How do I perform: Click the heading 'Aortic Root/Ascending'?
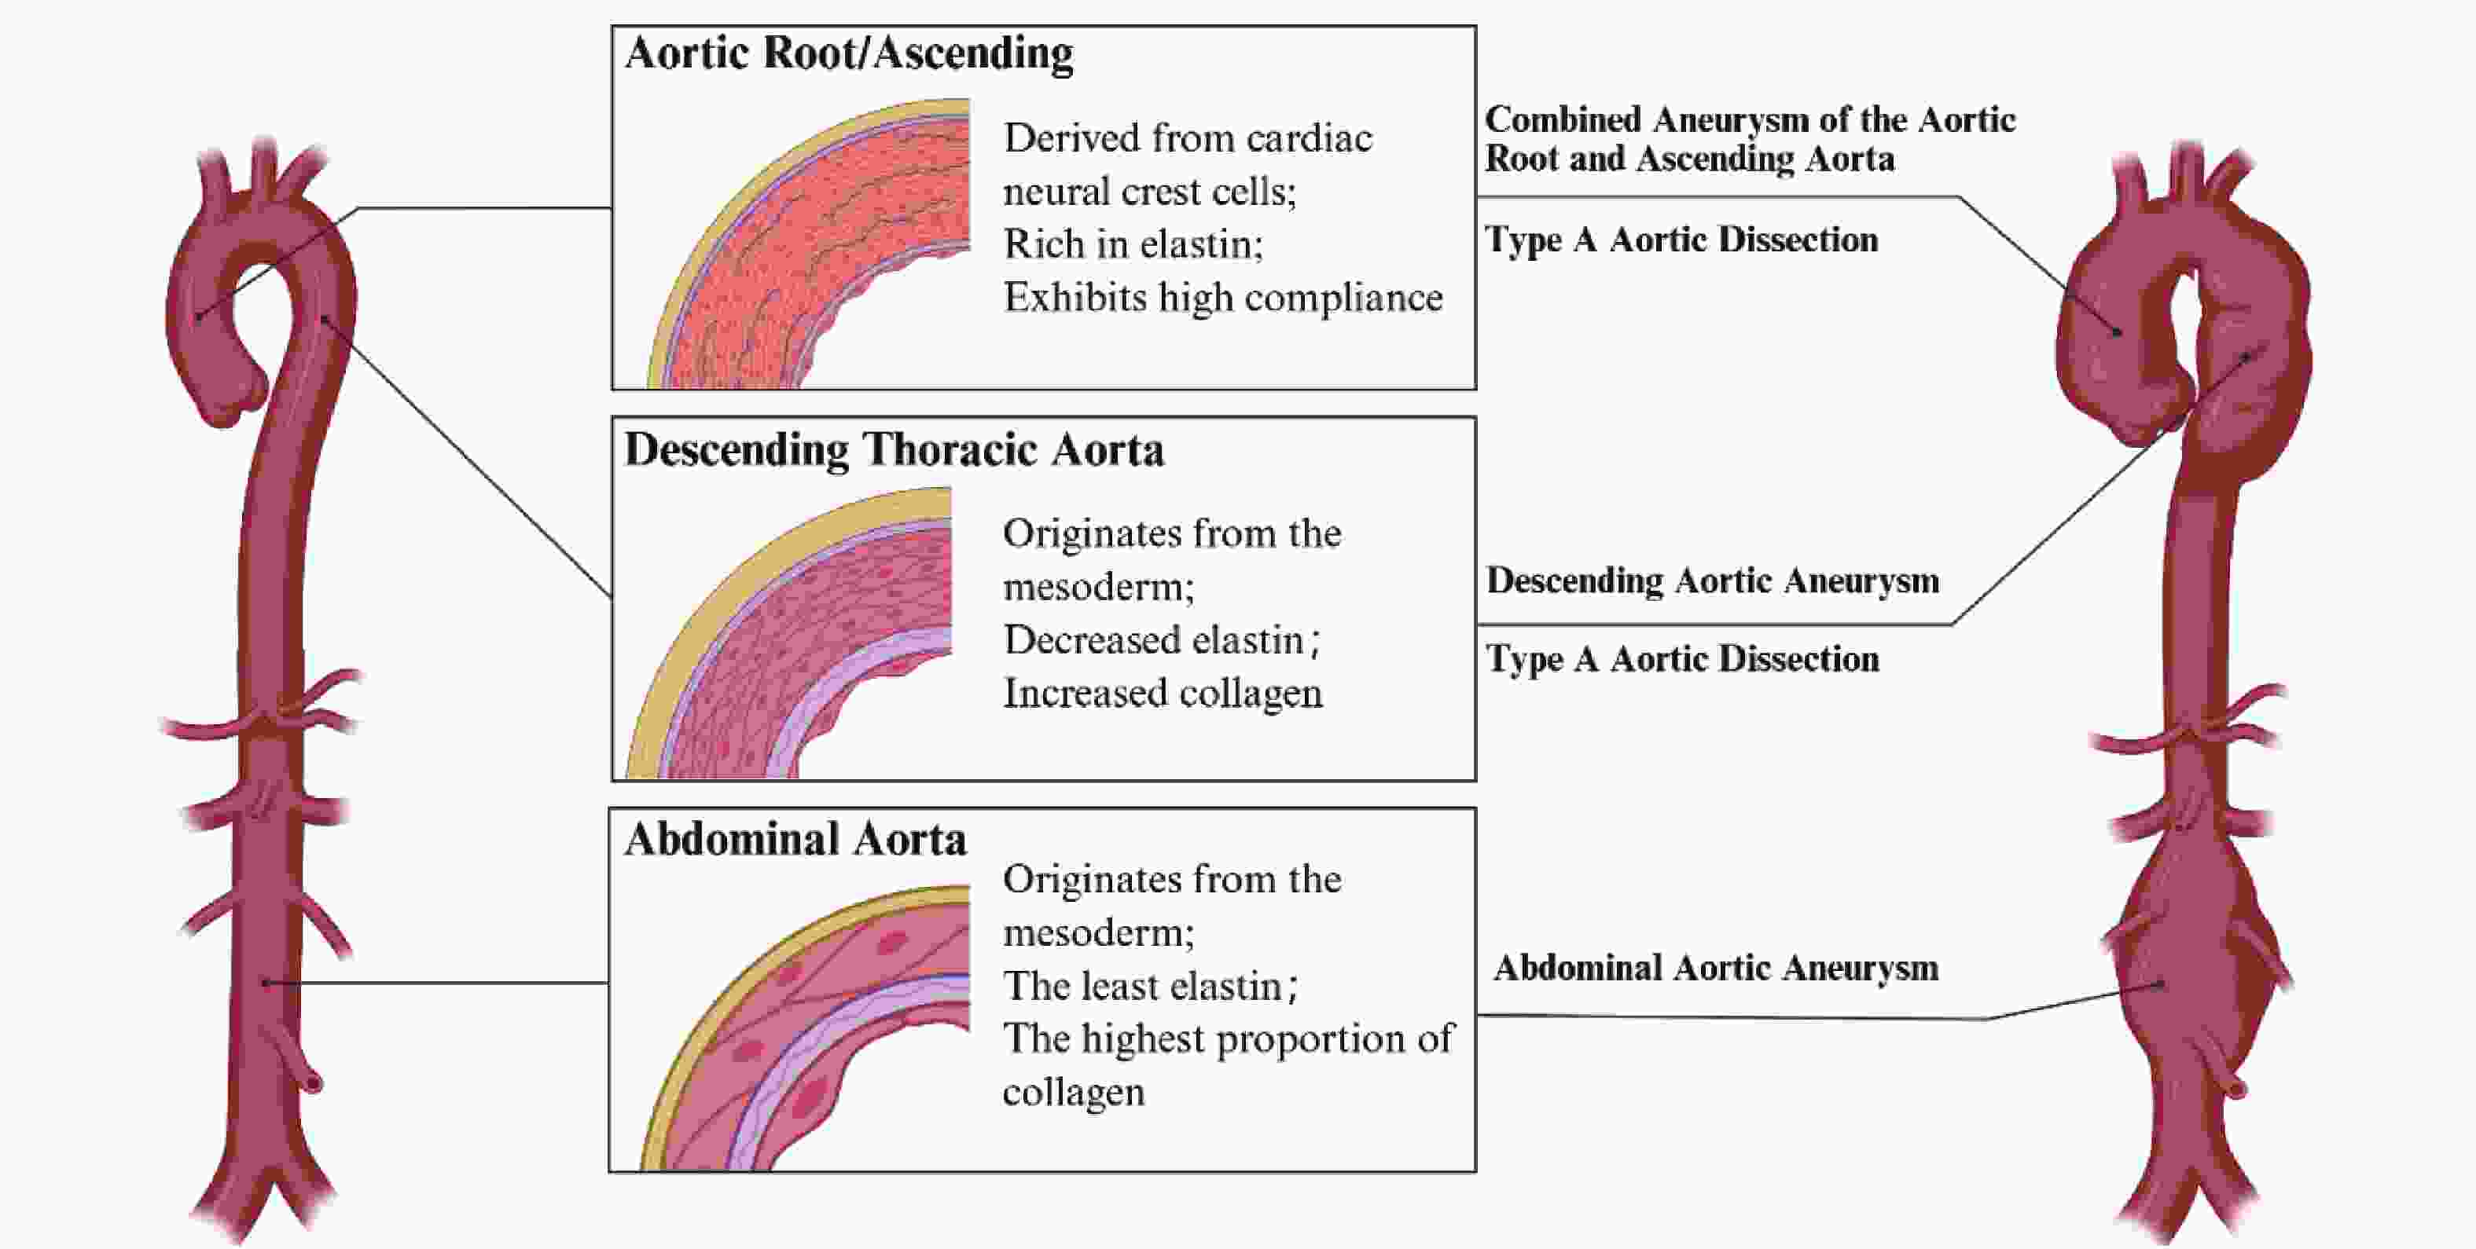[x=849, y=53]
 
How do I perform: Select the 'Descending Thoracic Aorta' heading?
[x=894, y=449]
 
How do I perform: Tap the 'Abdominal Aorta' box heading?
[x=795, y=839]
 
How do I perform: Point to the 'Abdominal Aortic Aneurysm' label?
[x=1716, y=969]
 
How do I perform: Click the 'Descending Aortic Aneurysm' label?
[x=1713, y=581]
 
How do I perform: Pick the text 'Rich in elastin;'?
[x=1133, y=244]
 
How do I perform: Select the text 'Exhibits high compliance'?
[x=1222, y=298]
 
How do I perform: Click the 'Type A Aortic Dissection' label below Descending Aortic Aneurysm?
[x=1682, y=659]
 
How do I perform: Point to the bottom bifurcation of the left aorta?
[x=262, y=1192]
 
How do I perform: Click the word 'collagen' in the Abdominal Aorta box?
[x=1074, y=1093]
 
